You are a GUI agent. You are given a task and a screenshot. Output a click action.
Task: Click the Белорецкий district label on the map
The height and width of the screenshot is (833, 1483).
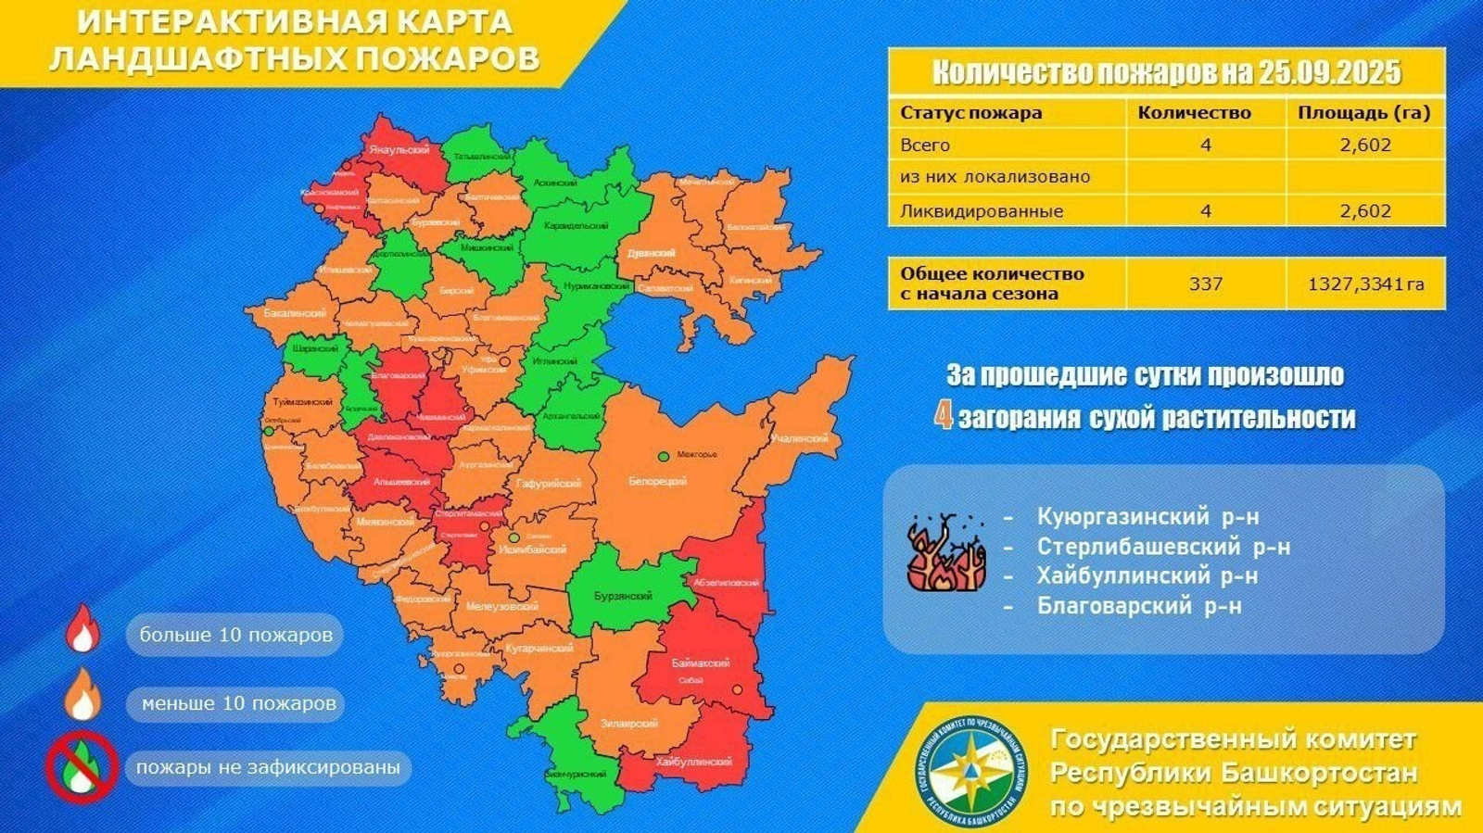click(657, 482)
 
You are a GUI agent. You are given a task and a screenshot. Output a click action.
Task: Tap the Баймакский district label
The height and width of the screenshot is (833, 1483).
click(701, 663)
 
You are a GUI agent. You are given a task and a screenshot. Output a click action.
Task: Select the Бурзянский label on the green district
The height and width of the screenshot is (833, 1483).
click(623, 597)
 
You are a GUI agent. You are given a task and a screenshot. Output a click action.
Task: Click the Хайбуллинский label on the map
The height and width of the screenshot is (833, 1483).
click(693, 762)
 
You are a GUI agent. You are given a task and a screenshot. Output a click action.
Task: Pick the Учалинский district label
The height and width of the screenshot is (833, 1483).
click(799, 438)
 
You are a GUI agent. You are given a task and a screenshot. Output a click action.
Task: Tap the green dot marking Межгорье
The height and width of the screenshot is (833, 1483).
click(664, 456)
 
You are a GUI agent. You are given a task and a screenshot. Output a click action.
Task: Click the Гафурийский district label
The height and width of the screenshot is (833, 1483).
click(549, 484)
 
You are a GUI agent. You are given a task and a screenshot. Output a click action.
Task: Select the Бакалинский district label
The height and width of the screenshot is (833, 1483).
click(294, 314)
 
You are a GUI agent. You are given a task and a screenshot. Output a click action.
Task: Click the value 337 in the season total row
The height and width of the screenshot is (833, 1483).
click(1205, 284)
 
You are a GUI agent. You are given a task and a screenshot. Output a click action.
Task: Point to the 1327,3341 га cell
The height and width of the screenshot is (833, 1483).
click(1365, 284)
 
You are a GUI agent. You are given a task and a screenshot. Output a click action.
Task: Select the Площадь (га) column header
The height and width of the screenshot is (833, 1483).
click(1363, 113)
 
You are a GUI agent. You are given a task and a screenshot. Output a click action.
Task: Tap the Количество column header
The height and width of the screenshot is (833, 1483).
click(1194, 113)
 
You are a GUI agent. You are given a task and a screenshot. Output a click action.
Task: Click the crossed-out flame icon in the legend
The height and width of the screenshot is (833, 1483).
click(81, 767)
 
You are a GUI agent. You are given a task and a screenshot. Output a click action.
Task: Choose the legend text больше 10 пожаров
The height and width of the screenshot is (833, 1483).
click(235, 635)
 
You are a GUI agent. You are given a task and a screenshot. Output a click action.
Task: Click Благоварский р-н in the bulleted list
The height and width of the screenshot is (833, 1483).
click(1139, 606)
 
